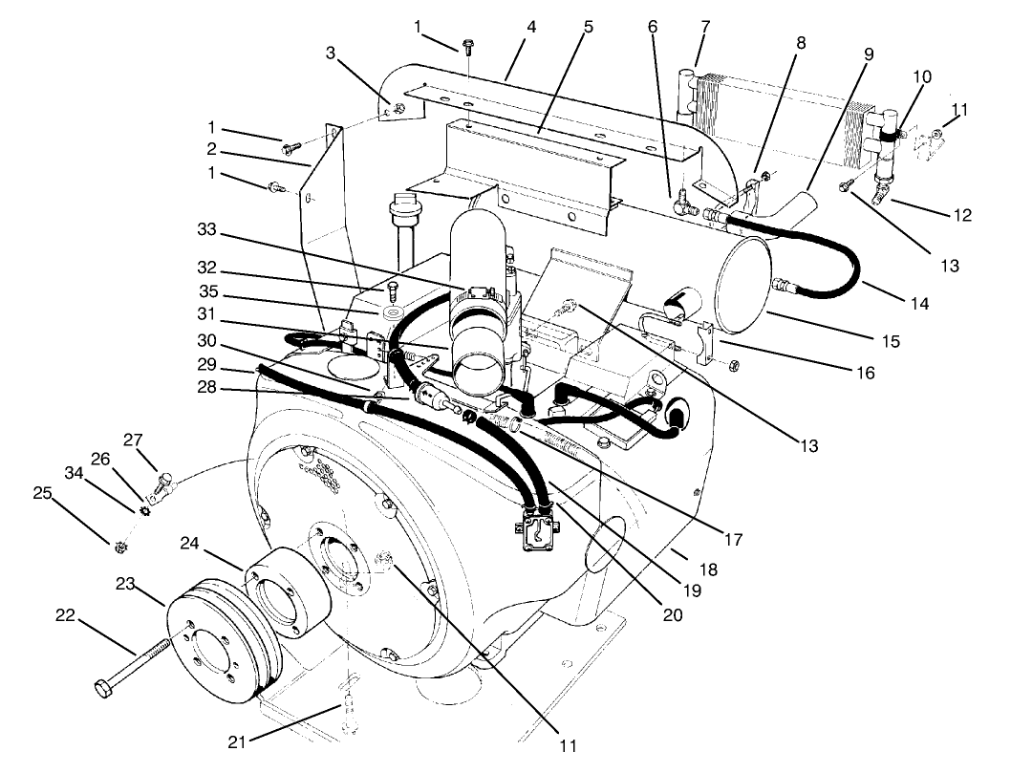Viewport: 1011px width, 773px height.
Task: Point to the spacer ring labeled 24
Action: (x=287, y=592)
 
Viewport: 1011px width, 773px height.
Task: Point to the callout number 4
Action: (x=531, y=27)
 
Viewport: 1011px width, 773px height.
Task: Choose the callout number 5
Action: (x=589, y=27)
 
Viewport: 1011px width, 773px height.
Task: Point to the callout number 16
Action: (x=865, y=373)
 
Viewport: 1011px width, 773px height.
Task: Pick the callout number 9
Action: (x=868, y=54)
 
